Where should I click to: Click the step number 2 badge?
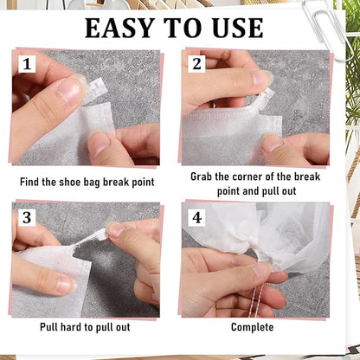coord(196,63)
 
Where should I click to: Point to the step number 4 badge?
coord(196,217)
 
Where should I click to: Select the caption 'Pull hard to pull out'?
coord(85,327)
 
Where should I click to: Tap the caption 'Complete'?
coord(252,327)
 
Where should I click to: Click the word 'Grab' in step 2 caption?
coord(205,176)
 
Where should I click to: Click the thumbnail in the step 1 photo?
coord(70,90)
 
